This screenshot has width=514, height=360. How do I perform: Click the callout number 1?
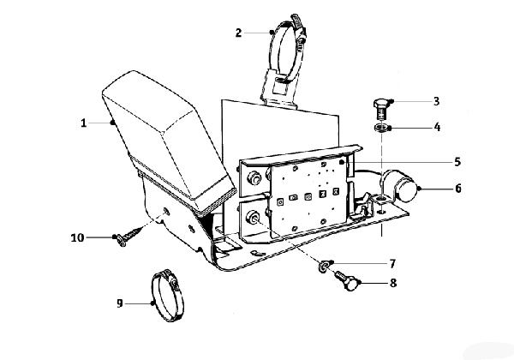click(x=84, y=123)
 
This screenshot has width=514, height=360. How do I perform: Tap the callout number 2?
click(x=238, y=33)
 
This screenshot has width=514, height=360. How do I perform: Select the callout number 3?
click(x=436, y=101)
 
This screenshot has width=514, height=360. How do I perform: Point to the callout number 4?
click(x=437, y=127)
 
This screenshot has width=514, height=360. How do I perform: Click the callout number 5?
click(x=457, y=162)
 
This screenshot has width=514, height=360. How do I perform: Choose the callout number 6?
click(x=458, y=189)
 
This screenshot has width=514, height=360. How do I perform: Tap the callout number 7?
click(x=392, y=263)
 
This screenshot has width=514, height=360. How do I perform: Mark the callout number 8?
click(x=393, y=283)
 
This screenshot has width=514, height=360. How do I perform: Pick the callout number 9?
click(x=120, y=303)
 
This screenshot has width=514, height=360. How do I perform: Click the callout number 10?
click(x=78, y=237)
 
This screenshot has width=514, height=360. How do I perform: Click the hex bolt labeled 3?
click(x=380, y=110)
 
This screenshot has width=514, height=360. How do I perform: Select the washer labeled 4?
click(x=381, y=127)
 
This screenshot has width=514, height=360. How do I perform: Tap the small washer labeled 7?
click(x=323, y=266)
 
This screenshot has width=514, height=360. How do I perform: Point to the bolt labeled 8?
click(x=346, y=281)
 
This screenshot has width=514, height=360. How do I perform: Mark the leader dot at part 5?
click(x=341, y=162)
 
